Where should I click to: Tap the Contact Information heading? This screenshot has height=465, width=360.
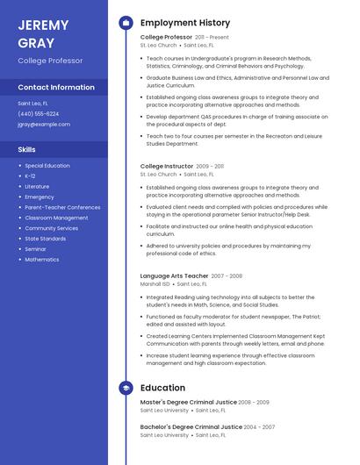click(x=56, y=88)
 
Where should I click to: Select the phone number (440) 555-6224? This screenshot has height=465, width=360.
click(x=39, y=114)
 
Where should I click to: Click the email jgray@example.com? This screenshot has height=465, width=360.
click(x=44, y=125)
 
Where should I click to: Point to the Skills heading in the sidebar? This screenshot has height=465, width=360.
click(x=26, y=150)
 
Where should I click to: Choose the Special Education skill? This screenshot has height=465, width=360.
click(x=47, y=166)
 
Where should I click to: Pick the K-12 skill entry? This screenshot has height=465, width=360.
click(x=30, y=176)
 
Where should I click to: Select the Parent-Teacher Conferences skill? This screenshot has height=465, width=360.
click(x=62, y=207)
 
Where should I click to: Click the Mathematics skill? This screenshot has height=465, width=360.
click(x=42, y=260)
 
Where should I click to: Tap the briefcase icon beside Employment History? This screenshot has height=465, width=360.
click(x=126, y=23)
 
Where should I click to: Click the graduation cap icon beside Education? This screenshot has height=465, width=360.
click(x=126, y=388)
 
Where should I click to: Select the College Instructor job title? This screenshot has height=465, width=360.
click(x=167, y=166)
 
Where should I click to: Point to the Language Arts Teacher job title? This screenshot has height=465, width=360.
click(x=174, y=276)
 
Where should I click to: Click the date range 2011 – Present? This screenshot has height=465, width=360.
click(x=212, y=38)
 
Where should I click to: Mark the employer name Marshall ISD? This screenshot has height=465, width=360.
click(x=155, y=284)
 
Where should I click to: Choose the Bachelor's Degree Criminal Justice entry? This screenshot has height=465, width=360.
click(x=188, y=426)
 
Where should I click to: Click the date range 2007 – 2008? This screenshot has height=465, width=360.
click(x=227, y=276)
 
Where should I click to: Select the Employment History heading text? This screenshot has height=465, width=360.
click(x=185, y=23)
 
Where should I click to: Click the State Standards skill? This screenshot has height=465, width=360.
click(x=46, y=239)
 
